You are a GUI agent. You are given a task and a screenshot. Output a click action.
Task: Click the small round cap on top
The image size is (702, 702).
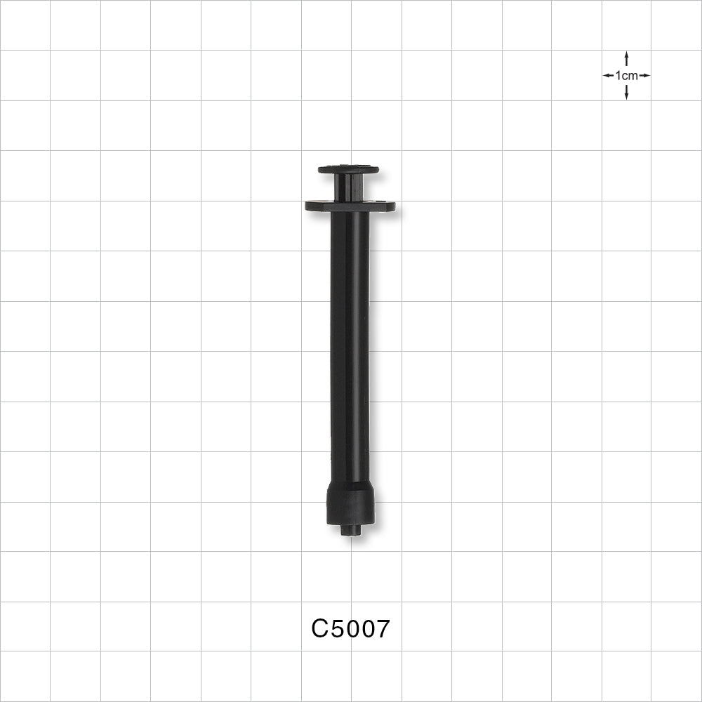click(348, 169)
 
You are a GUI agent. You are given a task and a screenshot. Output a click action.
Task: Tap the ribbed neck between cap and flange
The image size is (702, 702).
click(348, 187)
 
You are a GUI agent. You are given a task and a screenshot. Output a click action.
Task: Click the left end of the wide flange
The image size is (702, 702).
click(306, 206)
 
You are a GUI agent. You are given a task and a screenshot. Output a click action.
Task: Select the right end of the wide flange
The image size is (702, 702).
click(394, 206)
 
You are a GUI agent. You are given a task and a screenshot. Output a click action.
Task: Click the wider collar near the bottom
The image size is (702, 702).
click(350, 503)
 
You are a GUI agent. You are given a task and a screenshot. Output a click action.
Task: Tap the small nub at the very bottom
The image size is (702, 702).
click(350, 529)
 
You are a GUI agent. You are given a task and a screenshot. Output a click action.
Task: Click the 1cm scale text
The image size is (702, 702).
click(626, 76)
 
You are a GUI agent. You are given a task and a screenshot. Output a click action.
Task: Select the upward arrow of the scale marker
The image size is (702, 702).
click(626, 59)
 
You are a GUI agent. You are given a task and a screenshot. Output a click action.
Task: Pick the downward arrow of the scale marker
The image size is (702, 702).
click(626, 92)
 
